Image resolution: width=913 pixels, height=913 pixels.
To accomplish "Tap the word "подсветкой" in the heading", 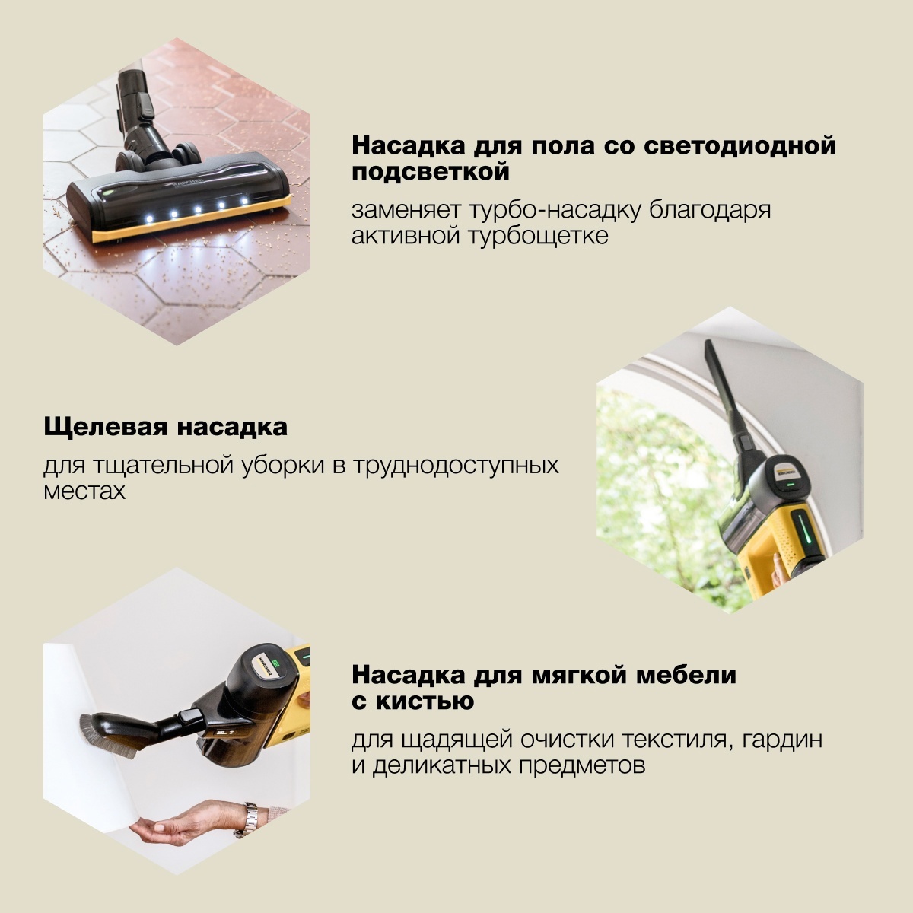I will (x=430, y=172).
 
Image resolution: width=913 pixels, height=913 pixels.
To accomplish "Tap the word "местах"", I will (x=84, y=491).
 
